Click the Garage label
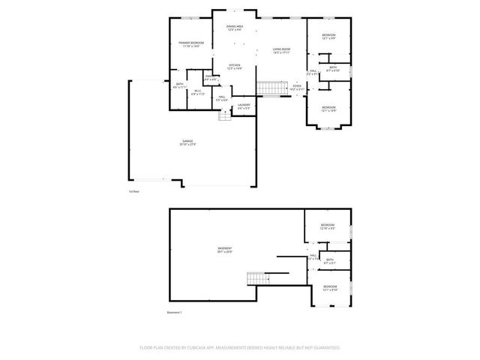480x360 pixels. [187, 140]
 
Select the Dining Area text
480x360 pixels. [234, 27]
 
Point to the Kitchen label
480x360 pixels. [234, 65]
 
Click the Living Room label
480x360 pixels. [281, 49]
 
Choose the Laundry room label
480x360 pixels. [243, 106]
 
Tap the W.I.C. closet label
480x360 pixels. [198, 91]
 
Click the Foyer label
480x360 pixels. [297, 85]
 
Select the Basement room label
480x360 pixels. [224, 248]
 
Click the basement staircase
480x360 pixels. [259, 278]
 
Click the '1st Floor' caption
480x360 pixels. [133, 191]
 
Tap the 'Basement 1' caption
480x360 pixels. [174, 312]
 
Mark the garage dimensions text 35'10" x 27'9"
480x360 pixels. [187, 144]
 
